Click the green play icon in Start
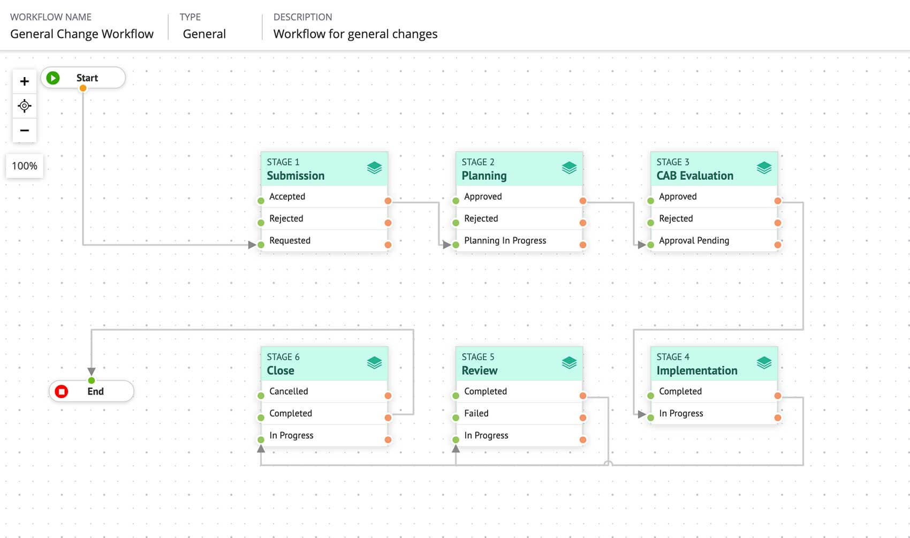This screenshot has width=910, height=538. tap(52, 78)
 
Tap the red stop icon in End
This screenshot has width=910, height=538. tap(62, 391)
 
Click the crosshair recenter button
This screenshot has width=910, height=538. tap(24, 106)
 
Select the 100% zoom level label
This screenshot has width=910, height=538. tap(25, 166)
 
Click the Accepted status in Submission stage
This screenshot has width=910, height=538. tap(287, 196)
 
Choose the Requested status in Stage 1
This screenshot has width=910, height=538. tap(290, 240)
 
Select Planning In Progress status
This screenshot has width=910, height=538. tap(505, 240)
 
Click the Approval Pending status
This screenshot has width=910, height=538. tap(694, 240)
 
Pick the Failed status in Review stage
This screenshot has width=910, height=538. tap(476, 413)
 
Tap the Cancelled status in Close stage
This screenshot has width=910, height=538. tap(289, 391)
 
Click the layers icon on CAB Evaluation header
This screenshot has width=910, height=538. tap(764, 168)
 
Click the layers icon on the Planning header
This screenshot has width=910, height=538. tap(569, 168)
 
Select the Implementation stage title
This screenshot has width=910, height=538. tap(696, 370)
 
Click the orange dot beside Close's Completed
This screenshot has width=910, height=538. tap(388, 418)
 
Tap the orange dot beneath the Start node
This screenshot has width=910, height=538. tap(83, 88)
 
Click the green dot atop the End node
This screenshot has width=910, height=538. tap(92, 380)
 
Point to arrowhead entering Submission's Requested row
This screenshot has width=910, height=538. tap(252, 245)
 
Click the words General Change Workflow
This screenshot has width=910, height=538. tap(82, 34)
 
